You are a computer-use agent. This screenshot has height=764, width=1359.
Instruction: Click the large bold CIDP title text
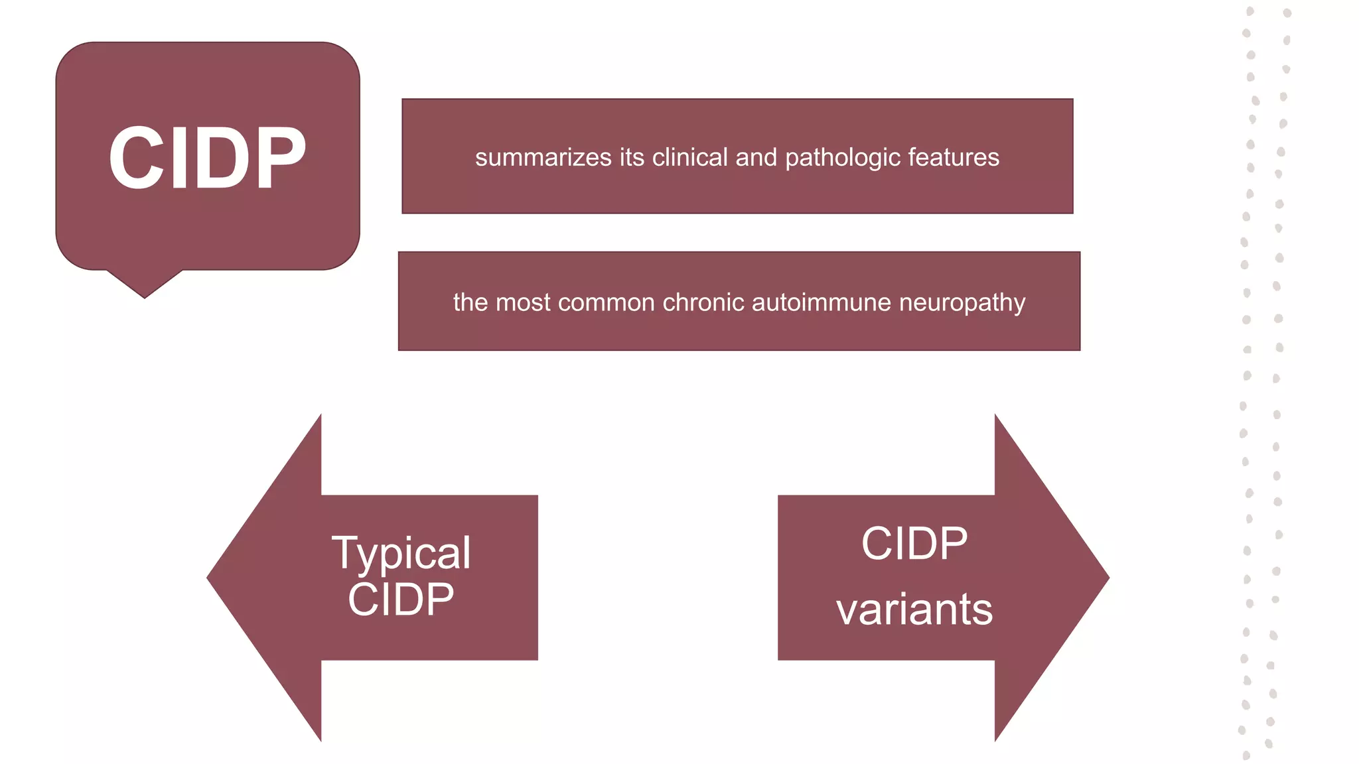pyautogui.click(x=207, y=158)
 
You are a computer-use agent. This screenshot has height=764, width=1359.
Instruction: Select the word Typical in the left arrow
pyautogui.click(x=401, y=553)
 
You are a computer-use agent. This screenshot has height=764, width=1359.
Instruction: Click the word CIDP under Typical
pyautogui.click(x=401, y=600)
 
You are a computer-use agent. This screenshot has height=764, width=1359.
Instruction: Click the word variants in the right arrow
pyautogui.click(x=914, y=609)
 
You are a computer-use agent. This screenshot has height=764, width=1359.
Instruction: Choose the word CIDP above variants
pyautogui.click(x=914, y=544)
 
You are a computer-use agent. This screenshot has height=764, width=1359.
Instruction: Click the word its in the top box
pyautogui.click(x=632, y=158)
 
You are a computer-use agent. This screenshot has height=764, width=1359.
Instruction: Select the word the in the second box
pyautogui.click(x=470, y=302)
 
